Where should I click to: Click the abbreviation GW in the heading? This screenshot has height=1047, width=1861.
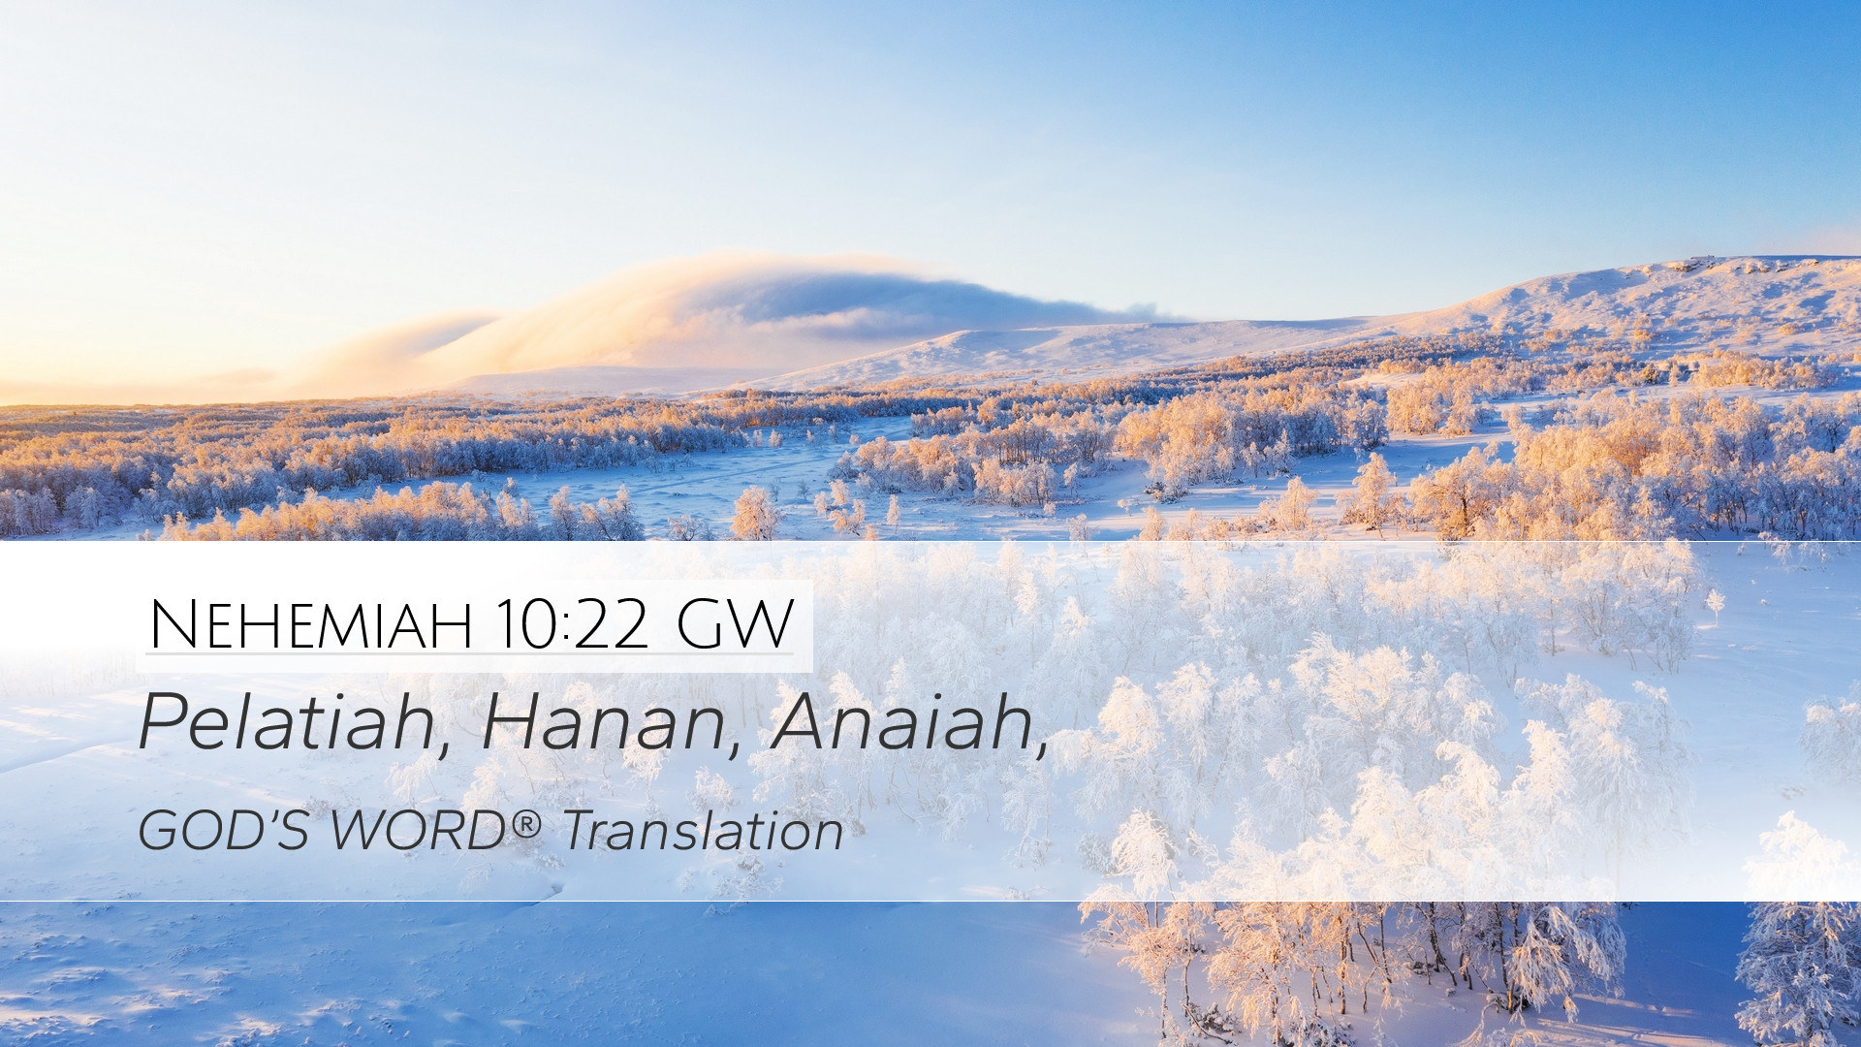[x=735, y=624]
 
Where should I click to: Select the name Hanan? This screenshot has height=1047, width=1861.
[x=603, y=722]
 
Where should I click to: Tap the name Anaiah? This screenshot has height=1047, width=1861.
[x=902, y=722]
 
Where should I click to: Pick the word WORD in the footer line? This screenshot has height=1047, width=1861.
[x=419, y=831]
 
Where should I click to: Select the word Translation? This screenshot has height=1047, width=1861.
[x=704, y=831]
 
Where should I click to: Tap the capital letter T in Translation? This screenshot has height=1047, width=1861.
[x=584, y=831]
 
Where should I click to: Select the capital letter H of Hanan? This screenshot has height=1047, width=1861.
[x=514, y=722]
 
